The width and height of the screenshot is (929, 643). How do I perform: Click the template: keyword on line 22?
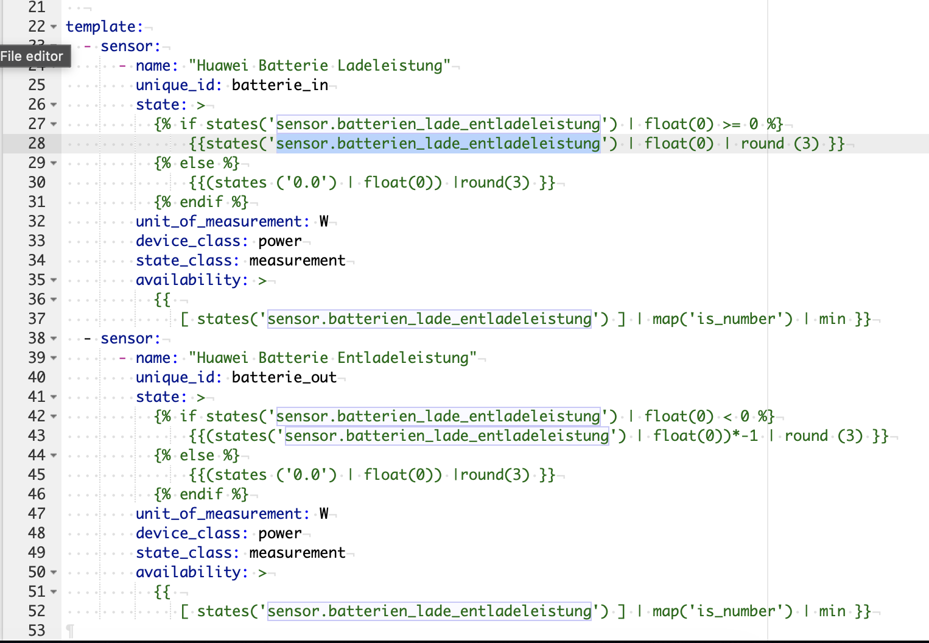105,27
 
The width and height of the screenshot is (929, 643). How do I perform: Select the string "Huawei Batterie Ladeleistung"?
320,66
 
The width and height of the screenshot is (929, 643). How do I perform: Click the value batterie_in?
280,85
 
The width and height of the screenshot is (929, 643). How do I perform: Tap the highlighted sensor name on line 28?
438,144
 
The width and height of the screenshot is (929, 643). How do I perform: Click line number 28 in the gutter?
37,144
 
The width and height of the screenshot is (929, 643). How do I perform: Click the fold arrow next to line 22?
54,27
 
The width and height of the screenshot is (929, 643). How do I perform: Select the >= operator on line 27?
732,124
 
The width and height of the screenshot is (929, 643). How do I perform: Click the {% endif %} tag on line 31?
201,202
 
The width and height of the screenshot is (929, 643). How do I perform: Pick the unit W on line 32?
324,222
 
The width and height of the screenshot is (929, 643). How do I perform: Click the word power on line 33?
280,242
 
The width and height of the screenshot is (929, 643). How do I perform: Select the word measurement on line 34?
297,261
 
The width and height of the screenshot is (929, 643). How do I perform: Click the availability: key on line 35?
192,280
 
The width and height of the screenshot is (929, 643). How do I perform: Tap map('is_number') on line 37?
723,319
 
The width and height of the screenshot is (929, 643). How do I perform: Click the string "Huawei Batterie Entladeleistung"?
332,357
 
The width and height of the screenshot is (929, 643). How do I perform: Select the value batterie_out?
284,377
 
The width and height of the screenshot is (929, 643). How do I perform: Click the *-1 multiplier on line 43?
746,435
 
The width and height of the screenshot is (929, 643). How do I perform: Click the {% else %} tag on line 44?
197,455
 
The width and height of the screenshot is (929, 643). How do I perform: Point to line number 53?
37,631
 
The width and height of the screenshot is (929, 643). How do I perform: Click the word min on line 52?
832,611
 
